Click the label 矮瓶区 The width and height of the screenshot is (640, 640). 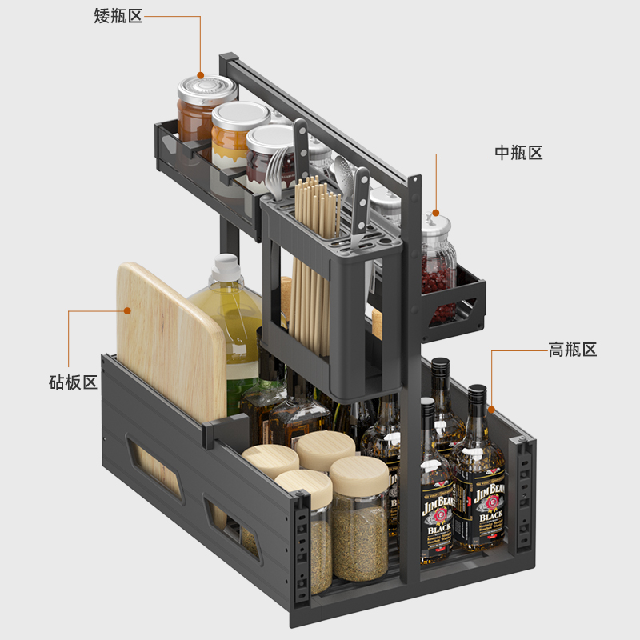(x=118, y=16)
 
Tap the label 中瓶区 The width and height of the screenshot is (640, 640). (x=518, y=153)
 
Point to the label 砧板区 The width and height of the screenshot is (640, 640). (x=73, y=382)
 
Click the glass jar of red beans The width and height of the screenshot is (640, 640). (x=438, y=264)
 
